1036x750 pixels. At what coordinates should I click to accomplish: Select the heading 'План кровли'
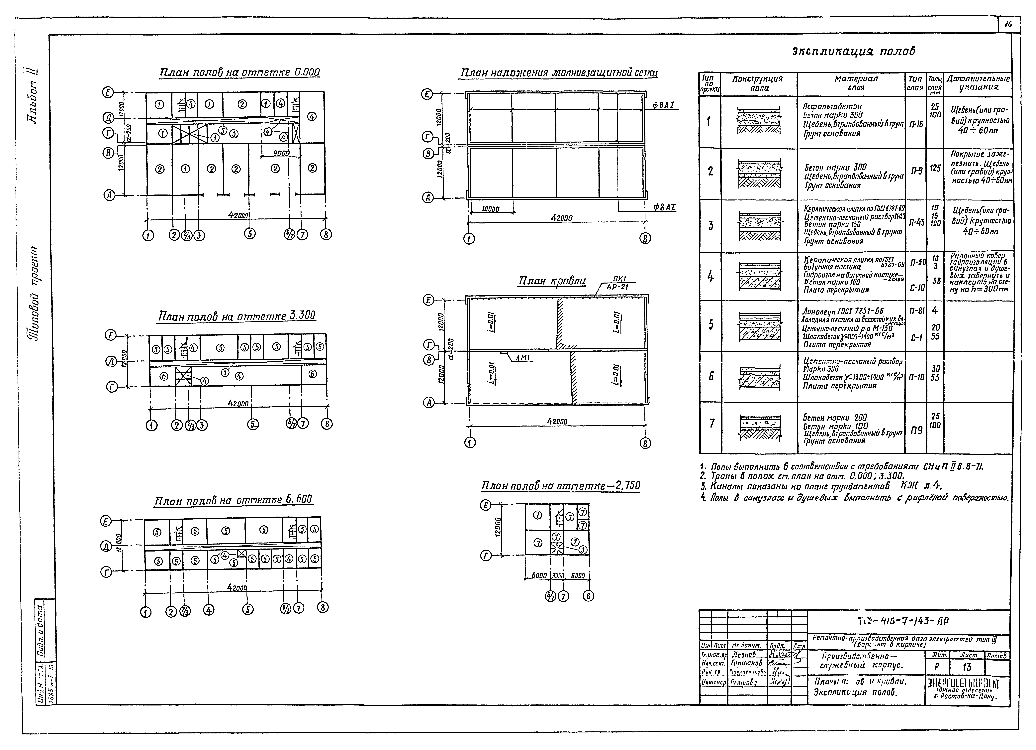[x=552, y=281]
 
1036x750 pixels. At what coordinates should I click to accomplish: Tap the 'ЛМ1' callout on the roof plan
[x=522, y=359]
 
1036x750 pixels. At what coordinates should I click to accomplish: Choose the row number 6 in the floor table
[x=711, y=376]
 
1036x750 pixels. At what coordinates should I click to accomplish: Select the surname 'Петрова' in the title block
[x=744, y=682]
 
